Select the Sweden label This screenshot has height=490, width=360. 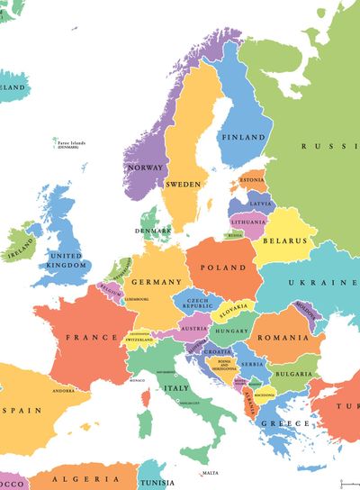[x=183, y=184]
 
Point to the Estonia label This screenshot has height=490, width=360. [x=253, y=179]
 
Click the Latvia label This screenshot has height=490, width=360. [x=259, y=204]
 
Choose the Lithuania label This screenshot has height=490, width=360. [x=248, y=221]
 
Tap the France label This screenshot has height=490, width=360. [x=92, y=338]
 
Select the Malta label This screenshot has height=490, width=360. [x=210, y=473]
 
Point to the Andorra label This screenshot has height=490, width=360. [x=64, y=391]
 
